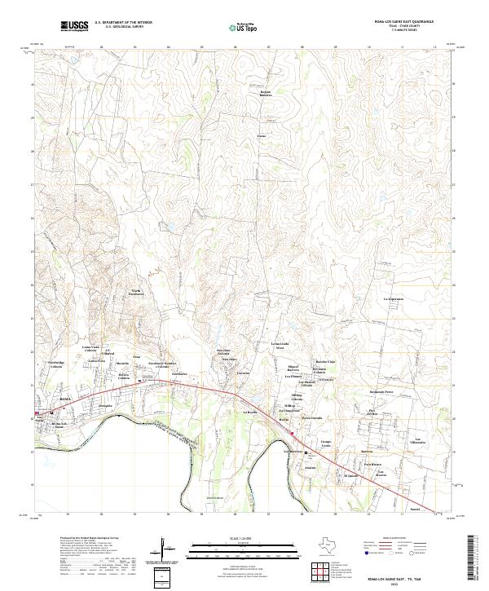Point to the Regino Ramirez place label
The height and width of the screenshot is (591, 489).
[265, 94]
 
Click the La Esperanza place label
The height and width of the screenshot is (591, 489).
[394, 300]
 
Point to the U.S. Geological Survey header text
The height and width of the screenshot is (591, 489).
[123, 27]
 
